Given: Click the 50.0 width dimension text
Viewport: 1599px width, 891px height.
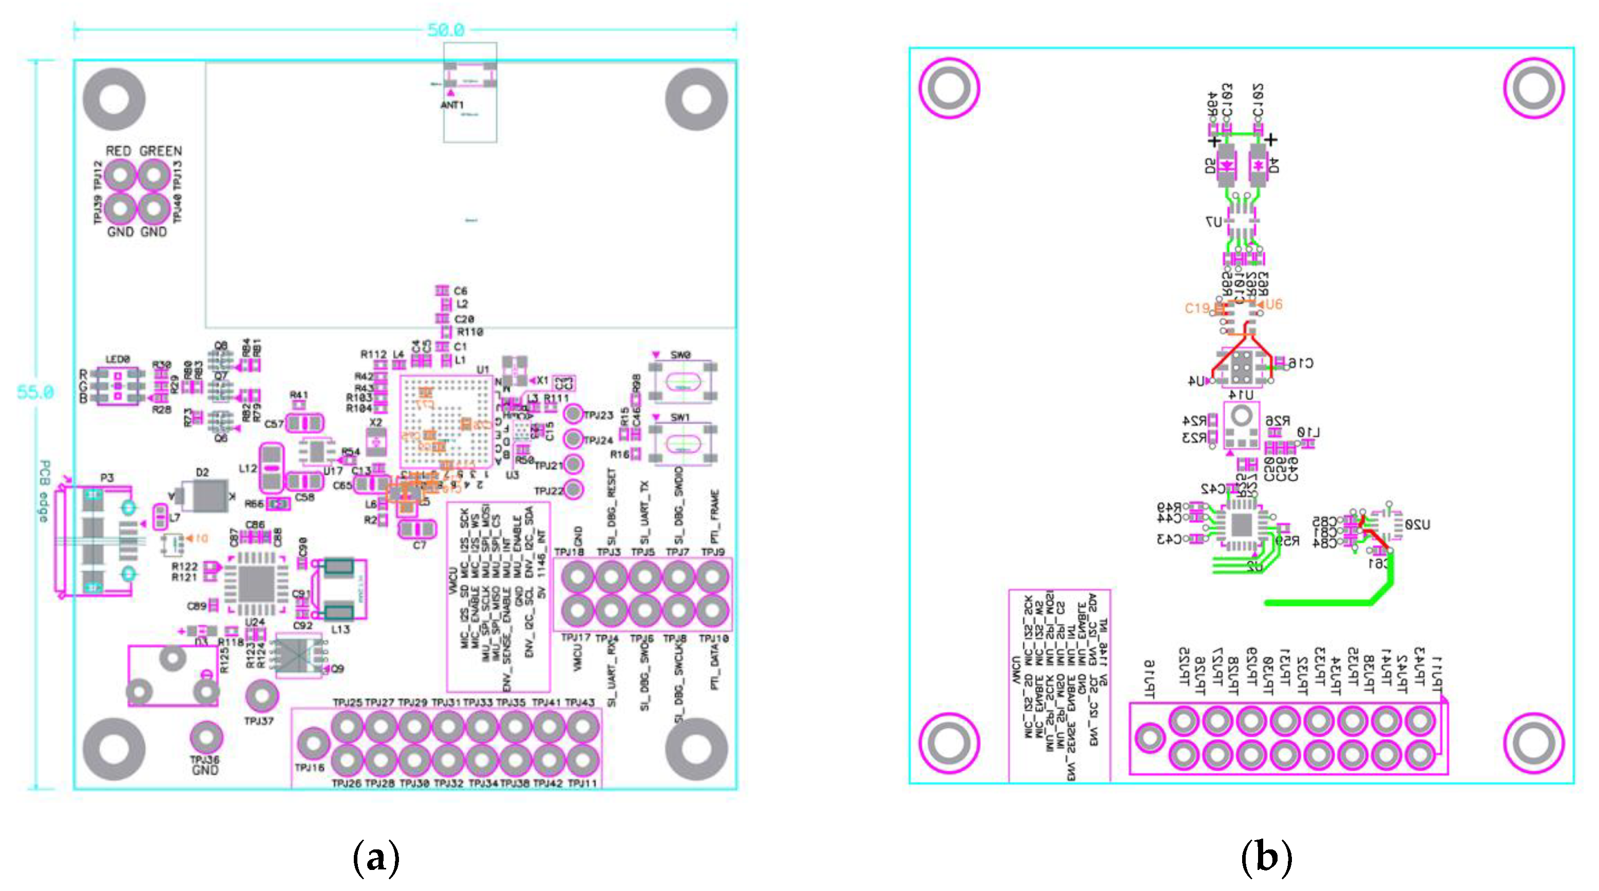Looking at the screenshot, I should click(446, 30).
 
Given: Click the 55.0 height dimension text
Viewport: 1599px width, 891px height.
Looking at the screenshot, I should click(35, 392).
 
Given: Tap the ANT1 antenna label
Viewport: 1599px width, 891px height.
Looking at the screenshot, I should click(452, 105).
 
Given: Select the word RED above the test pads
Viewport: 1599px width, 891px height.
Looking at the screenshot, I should click(118, 151).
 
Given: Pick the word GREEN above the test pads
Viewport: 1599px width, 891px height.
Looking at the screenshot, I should click(160, 151).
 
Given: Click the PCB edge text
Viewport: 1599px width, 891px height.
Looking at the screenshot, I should click(44, 491).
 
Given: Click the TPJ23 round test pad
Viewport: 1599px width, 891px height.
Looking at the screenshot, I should click(573, 413).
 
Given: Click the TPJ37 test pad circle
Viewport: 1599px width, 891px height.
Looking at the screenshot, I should click(261, 696).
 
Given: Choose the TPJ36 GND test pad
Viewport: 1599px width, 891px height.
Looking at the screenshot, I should click(205, 737).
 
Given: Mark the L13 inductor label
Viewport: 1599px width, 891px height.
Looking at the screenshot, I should click(340, 629).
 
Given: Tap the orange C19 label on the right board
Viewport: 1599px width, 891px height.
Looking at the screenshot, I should click(1197, 308).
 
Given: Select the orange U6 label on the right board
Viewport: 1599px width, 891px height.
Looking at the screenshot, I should click(1273, 304).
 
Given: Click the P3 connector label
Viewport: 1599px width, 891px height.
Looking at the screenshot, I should click(107, 478).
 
